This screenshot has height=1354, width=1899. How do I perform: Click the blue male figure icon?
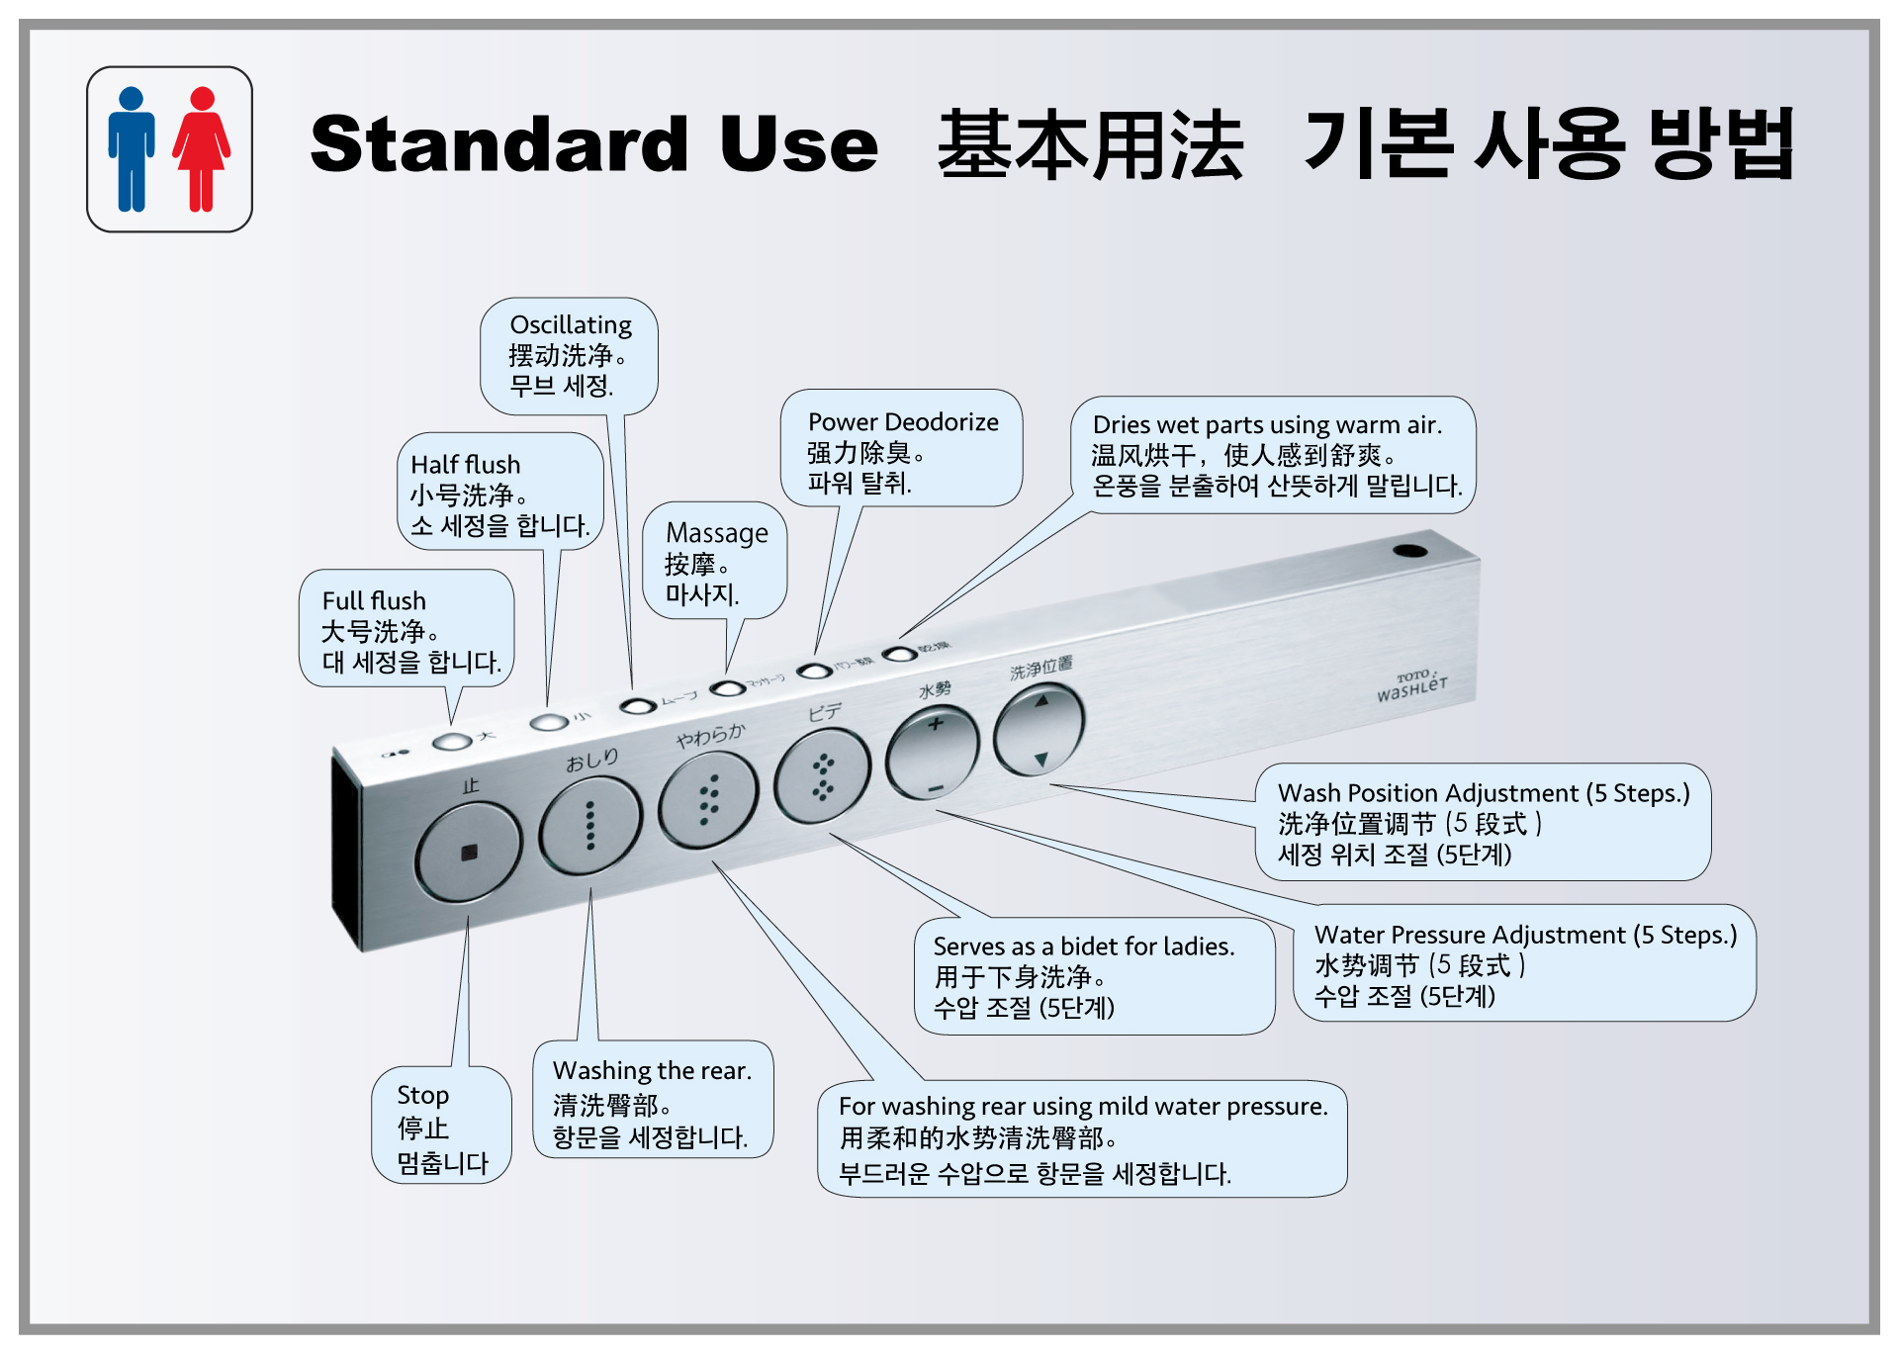(132, 149)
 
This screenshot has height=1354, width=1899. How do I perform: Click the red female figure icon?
(202, 149)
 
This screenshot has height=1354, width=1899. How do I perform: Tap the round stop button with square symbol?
(468, 852)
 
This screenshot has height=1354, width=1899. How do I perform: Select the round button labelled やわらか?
(708, 799)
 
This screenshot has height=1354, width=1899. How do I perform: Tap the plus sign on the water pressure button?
(935, 724)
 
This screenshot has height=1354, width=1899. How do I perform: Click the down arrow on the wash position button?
(1040, 760)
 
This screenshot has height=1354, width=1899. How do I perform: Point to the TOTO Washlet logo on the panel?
(1412, 684)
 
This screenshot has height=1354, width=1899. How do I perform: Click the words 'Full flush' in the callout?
(374, 600)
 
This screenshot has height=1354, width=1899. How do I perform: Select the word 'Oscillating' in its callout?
(571, 324)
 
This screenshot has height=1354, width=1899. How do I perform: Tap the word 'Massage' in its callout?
(717, 533)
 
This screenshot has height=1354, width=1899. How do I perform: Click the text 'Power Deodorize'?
(903, 422)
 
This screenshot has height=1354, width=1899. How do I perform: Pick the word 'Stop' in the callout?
(422, 1095)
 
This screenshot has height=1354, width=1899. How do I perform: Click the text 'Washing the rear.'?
(652, 1070)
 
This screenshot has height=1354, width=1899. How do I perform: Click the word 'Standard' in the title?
(498, 144)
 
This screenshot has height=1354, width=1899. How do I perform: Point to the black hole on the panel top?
(1410, 550)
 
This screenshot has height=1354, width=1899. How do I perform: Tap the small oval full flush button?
(452, 741)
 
